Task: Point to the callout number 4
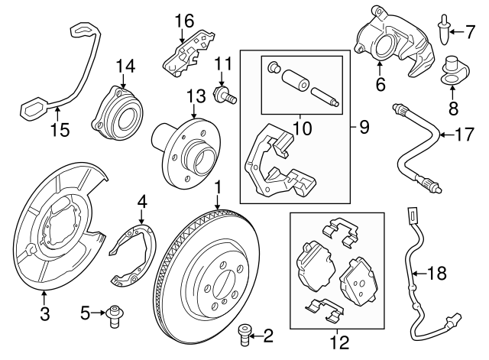pyautogui.click(x=141, y=203)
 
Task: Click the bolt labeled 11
pyautogui.click(x=225, y=94)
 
